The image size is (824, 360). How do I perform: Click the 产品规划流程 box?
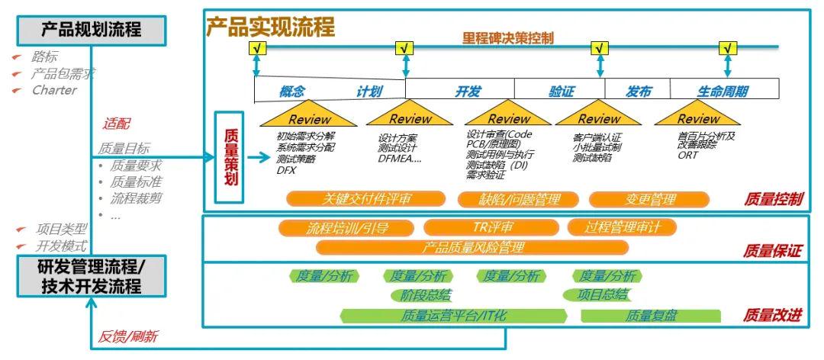tap(90, 30)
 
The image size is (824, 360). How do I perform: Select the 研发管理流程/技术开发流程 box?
tap(90, 276)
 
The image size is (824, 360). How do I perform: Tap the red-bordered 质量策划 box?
tap(231, 157)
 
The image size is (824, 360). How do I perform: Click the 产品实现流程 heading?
tap(270, 27)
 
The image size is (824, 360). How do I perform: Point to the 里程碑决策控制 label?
tap(507, 37)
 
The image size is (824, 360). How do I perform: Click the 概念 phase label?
tap(291, 92)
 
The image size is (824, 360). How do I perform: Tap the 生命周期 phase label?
tap(722, 92)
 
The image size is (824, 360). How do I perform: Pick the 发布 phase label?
tap(639, 92)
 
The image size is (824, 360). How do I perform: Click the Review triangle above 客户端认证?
tap(599, 117)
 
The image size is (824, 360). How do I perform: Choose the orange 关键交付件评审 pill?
tap(365, 199)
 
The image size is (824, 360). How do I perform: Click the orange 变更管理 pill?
tap(651, 199)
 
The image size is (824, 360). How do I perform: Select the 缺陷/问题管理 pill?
tap(520, 199)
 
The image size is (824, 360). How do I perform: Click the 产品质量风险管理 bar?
tap(473, 247)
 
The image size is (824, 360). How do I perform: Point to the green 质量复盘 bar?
tap(651, 315)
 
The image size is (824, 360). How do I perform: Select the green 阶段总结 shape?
tap(420, 295)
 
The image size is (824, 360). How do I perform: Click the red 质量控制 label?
tap(773, 199)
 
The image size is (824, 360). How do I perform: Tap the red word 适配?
tap(116, 124)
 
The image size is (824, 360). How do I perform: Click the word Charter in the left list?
tap(54, 90)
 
